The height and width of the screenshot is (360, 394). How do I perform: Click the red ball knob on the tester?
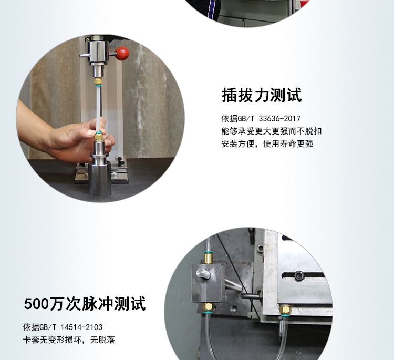click(x=122, y=53)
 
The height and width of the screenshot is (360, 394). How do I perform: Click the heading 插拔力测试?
click(x=261, y=96)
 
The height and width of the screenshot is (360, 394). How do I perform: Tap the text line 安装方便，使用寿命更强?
click(x=267, y=143)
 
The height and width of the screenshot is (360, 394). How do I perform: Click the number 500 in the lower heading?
click(x=36, y=304)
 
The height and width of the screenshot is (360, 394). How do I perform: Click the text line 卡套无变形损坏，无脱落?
click(x=69, y=340)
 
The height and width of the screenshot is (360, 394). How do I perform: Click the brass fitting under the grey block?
click(x=209, y=307)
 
